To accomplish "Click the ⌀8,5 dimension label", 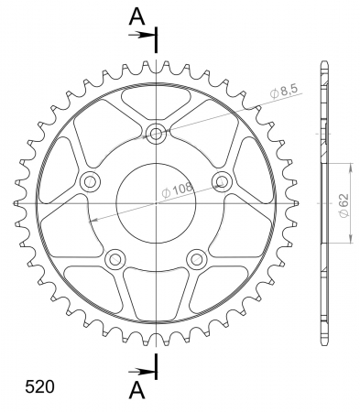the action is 284,92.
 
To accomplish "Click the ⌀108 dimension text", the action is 177,190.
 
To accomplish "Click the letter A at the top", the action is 136,16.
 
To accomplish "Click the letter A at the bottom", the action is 136,390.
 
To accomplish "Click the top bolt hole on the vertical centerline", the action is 156,134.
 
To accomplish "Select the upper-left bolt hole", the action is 90,182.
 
